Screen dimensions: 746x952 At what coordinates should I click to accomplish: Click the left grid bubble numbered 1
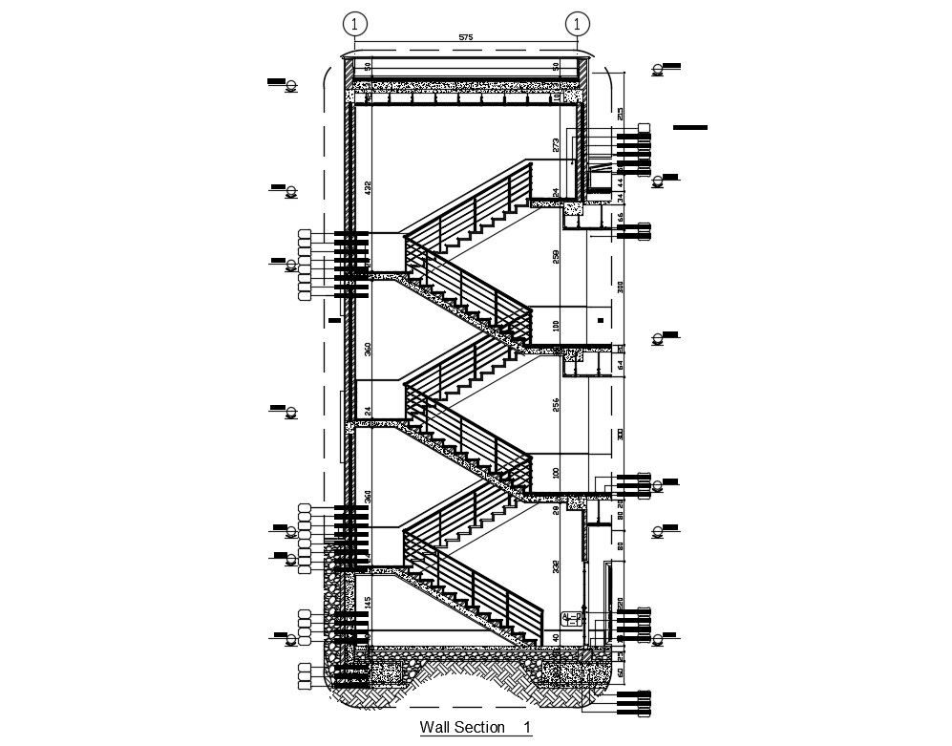[x=355, y=23]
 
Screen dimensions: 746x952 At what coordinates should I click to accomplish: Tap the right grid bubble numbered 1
[x=577, y=23]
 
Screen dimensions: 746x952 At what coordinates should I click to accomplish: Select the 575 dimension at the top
[x=466, y=37]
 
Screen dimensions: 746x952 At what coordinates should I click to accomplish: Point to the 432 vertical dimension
[x=368, y=187]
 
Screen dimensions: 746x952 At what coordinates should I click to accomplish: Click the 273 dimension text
[x=556, y=145]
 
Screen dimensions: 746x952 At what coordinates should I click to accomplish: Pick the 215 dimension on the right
[x=620, y=115]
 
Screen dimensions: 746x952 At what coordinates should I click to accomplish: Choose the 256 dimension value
[x=556, y=405]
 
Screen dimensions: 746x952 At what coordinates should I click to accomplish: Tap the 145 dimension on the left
[x=368, y=604]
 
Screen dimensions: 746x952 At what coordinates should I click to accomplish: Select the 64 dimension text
[x=620, y=364]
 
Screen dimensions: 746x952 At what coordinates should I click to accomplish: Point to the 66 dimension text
[x=620, y=217]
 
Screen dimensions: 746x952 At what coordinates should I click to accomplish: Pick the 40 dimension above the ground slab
[x=556, y=637]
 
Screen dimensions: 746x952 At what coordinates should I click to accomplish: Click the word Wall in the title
[x=435, y=728]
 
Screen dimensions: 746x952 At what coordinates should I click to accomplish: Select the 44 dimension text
[x=620, y=181]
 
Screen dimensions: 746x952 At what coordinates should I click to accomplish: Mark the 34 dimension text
[x=620, y=198]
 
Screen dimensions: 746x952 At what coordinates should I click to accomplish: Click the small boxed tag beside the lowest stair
[x=572, y=617]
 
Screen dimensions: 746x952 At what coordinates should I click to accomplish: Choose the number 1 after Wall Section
[x=526, y=728]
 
